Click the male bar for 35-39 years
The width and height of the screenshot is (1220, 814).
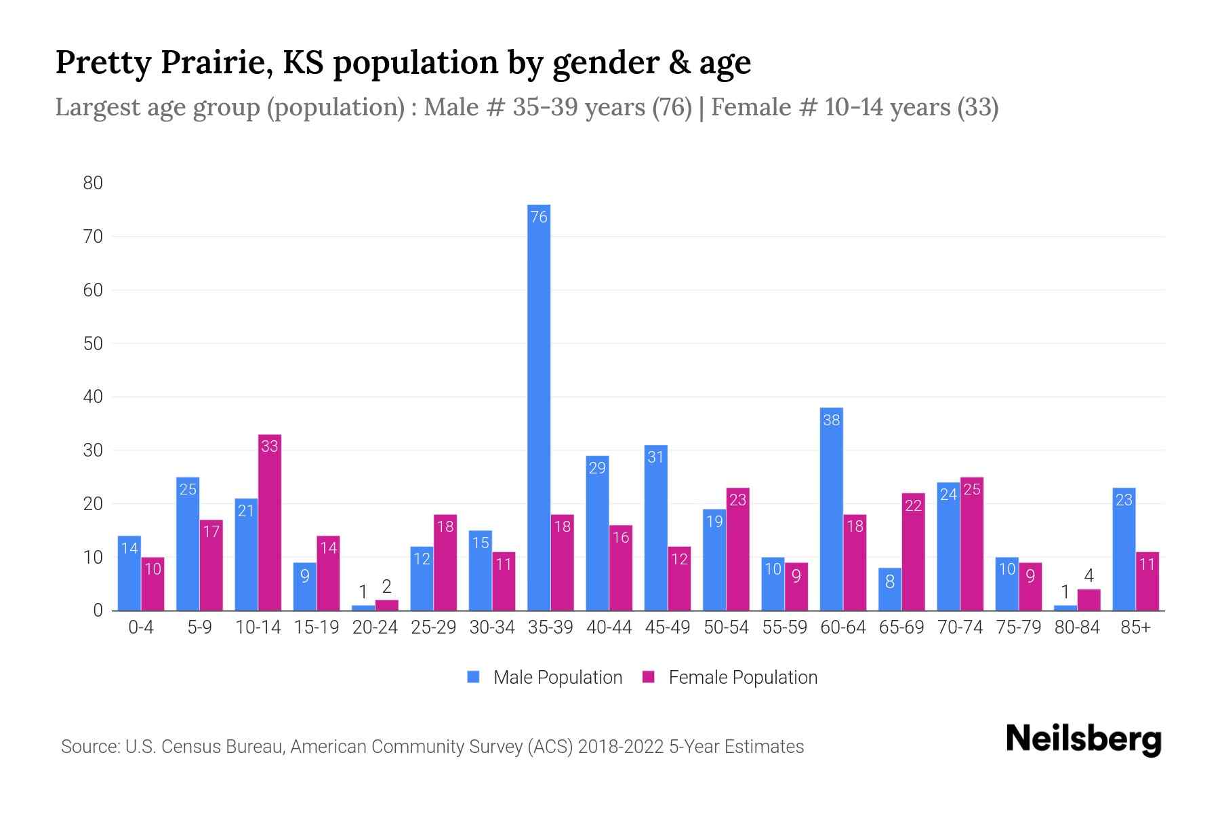point(539,407)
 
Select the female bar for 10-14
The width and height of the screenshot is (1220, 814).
point(270,522)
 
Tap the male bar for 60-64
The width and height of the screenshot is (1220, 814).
point(831,509)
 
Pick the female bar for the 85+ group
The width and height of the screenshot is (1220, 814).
point(1147,581)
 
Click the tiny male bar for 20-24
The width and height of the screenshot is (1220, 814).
point(363,608)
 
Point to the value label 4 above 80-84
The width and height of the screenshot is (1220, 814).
point(1089,577)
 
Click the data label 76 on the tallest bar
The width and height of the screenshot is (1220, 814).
point(539,217)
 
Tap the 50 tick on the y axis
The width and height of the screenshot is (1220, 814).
point(93,343)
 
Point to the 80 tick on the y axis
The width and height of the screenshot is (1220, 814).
point(93,183)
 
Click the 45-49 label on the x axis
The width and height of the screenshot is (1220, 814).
point(667,627)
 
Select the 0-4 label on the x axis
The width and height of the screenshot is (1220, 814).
point(141,627)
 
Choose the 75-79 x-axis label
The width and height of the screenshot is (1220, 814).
point(1018,627)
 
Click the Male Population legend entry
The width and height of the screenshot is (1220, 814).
point(557,678)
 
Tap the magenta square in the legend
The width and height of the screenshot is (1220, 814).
point(649,677)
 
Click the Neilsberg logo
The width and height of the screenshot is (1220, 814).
point(1083,739)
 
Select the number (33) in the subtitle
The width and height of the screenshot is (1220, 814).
point(977,107)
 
